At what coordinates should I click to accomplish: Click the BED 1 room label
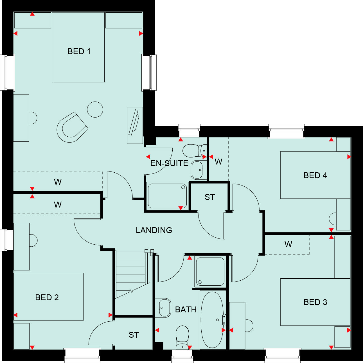click(79, 52)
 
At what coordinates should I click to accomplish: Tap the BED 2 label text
click(47, 297)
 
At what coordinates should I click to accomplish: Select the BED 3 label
click(315, 302)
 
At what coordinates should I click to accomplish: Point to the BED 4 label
click(315, 175)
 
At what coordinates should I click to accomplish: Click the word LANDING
click(154, 230)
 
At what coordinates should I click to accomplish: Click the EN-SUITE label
click(169, 163)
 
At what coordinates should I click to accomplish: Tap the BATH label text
click(186, 310)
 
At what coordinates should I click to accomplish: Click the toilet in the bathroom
click(182, 336)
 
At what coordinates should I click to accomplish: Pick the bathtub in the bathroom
click(213, 320)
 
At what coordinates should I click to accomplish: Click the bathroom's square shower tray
click(210, 272)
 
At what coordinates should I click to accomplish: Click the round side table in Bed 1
click(95, 109)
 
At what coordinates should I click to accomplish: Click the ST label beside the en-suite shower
click(209, 197)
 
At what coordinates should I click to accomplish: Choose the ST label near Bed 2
click(134, 335)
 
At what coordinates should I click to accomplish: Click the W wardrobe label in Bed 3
click(288, 244)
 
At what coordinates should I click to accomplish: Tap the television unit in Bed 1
click(135, 125)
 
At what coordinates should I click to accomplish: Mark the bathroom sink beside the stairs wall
click(163, 308)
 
